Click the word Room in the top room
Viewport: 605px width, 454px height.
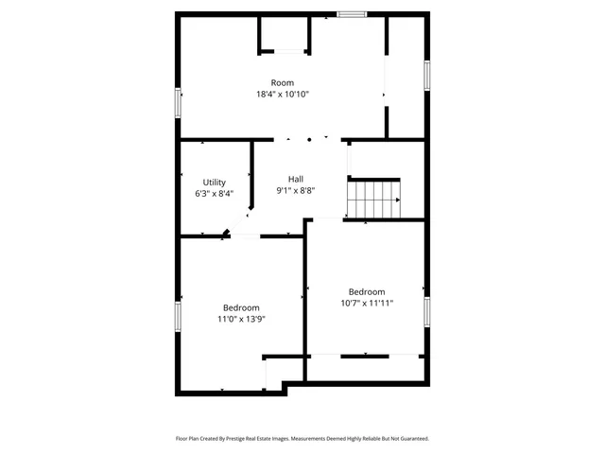(282, 83)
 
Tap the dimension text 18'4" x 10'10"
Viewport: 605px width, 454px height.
(282, 95)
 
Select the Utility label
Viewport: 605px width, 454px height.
(214, 183)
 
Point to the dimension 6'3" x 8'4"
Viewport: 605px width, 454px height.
(214, 194)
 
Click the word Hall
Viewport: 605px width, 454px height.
(296, 179)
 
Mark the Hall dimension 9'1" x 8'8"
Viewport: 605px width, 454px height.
(296, 190)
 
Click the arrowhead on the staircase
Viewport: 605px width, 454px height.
(397, 200)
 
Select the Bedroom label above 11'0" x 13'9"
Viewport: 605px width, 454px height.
(241, 307)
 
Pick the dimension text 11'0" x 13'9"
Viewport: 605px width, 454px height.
(241, 319)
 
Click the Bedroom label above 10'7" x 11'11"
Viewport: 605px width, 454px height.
(366, 291)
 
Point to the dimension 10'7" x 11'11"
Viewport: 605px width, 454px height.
(366, 303)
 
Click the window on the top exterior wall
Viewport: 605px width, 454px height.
(353, 14)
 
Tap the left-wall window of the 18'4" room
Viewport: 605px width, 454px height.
(178, 102)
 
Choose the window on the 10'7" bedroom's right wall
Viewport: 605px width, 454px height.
(427, 310)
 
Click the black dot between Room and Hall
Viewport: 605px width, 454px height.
(308, 139)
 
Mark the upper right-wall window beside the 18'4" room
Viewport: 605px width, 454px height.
(427, 75)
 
